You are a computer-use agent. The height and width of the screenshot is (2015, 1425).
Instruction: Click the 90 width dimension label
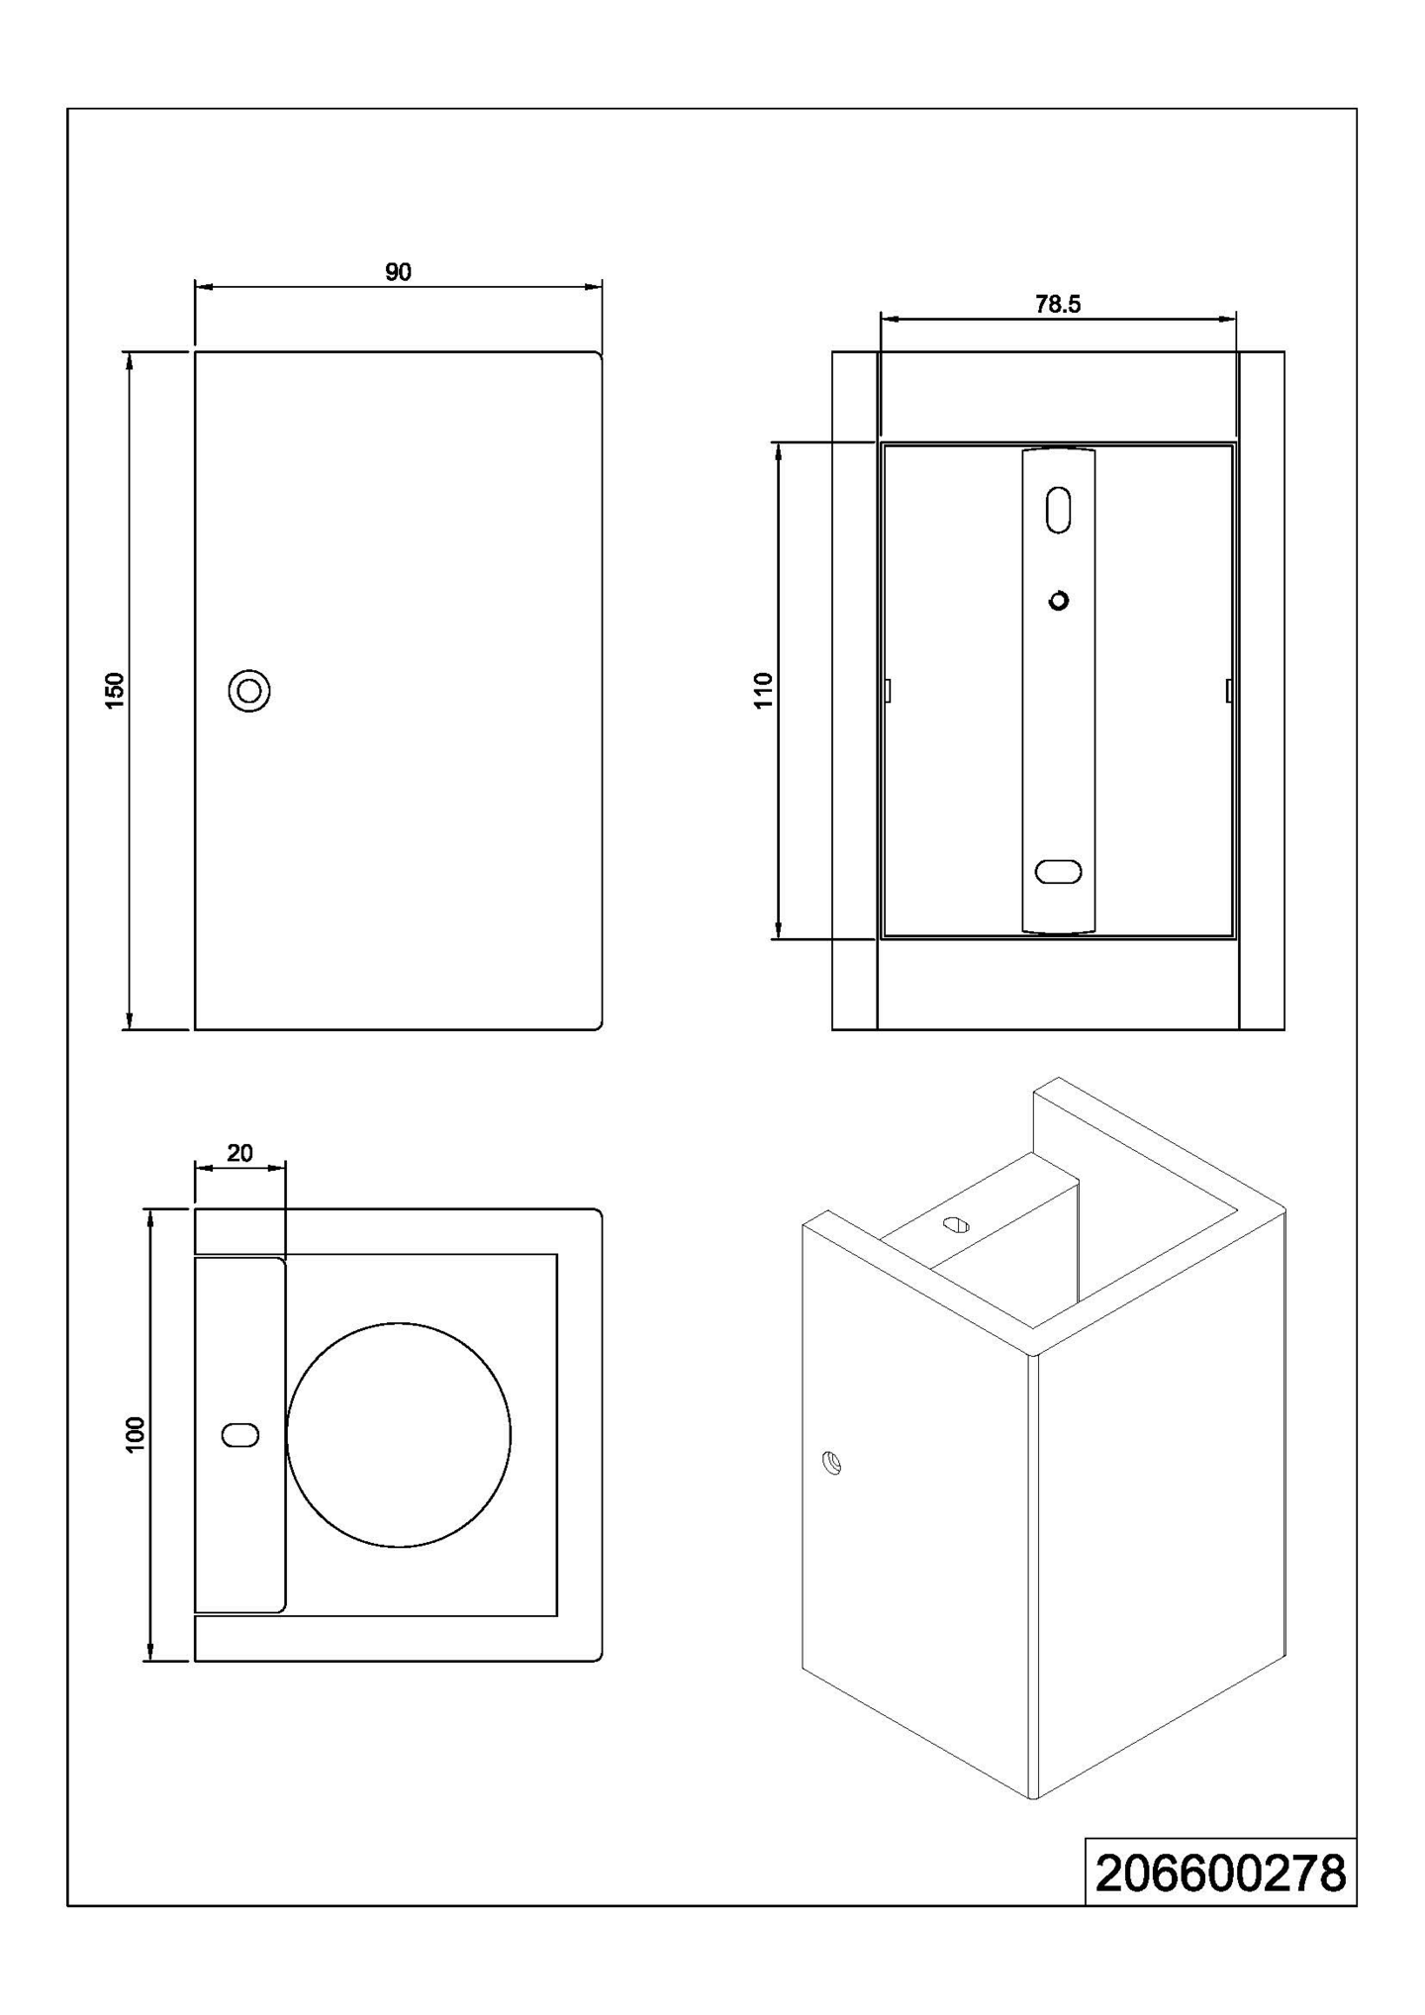(x=398, y=272)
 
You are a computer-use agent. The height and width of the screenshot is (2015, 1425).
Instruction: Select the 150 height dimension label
(x=115, y=690)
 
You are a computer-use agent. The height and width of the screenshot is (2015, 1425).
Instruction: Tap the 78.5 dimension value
(x=1058, y=305)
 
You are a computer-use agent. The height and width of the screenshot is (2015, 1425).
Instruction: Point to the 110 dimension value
(x=763, y=690)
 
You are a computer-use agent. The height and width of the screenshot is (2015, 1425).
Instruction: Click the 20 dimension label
(x=239, y=1153)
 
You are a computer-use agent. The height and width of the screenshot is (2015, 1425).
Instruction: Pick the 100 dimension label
(x=136, y=1435)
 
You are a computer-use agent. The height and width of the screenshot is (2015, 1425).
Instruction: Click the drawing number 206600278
(x=1220, y=1874)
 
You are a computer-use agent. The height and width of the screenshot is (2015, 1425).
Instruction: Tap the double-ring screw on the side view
(x=249, y=691)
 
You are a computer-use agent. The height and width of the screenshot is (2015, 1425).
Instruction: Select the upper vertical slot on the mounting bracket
(x=1058, y=510)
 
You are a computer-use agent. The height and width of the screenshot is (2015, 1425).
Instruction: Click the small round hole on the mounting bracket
(x=1059, y=601)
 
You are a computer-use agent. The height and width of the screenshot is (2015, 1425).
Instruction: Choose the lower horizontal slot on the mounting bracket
(x=1058, y=872)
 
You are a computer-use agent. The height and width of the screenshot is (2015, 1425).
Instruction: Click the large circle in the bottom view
(x=399, y=1435)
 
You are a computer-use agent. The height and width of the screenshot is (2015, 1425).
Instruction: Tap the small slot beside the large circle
(x=240, y=1435)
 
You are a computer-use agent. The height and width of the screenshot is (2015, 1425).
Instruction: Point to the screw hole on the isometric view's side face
(x=832, y=1463)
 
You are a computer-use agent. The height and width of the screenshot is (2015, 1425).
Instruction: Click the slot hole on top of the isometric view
(x=956, y=1225)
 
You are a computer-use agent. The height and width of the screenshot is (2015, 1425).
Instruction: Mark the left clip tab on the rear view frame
(x=888, y=690)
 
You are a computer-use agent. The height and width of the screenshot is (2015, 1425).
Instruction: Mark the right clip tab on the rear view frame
(x=1229, y=690)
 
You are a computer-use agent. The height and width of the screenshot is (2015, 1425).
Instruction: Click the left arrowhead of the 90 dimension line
(x=202, y=287)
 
